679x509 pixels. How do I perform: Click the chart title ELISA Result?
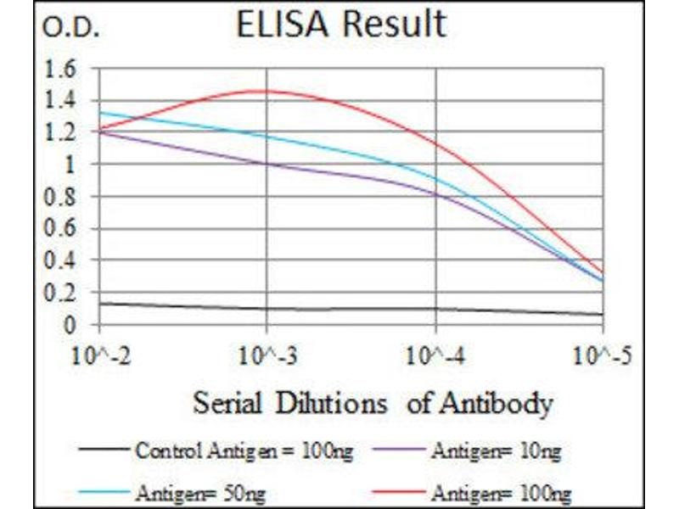[340, 25]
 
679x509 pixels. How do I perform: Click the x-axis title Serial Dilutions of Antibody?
[373, 402]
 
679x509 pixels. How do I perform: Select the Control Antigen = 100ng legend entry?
[243, 451]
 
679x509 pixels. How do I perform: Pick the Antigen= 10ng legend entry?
[496, 451]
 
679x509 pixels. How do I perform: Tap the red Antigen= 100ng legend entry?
[500, 490]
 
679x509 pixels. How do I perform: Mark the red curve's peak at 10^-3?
[267, 91]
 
